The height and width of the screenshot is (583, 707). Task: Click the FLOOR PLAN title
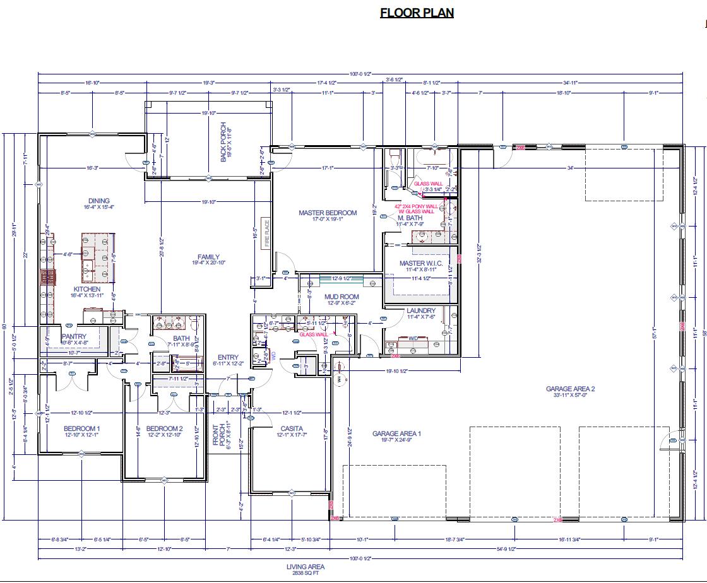(417, 13)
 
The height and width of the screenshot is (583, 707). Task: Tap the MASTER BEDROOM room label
(328, 213)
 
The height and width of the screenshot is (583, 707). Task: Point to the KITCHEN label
(87, 289)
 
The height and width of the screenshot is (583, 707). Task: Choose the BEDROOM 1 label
(82, 429)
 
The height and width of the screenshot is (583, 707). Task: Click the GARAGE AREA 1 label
(396, 433)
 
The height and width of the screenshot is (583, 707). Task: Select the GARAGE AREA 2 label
(571, 389)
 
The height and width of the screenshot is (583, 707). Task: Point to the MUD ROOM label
(342, 296)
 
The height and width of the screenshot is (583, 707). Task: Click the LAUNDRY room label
(421, 310)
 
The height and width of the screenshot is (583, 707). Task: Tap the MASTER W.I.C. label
(421, 263)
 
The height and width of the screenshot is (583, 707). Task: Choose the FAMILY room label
(208, 257)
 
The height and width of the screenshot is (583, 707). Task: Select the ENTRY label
(228, 358)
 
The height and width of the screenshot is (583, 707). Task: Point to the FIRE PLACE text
(266, 232)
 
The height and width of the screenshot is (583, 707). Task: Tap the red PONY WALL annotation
(415, 206)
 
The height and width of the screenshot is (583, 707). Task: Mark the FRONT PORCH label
(215, 433)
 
